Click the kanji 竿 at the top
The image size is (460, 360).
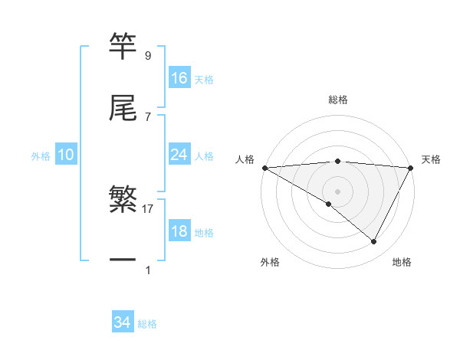tap(123, 46)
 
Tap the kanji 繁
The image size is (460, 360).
tap(123, 200)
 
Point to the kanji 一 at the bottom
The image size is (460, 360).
tap(123, 260)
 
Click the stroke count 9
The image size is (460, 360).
tap(147, 56)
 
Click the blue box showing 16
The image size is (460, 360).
tap(179, 78)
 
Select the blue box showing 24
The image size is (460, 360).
tap(179, 155)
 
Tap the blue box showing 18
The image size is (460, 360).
tap(179, 231)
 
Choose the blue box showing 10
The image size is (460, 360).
tap(65, 155)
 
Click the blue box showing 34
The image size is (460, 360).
tap(122, 323)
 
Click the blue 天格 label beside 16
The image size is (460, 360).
tap(204, 80)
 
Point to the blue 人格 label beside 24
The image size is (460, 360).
tap(204, 156)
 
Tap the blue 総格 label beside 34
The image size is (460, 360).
tap(147, 325)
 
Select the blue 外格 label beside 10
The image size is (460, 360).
tap(41, 156)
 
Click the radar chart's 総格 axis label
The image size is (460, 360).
tap(338, 100)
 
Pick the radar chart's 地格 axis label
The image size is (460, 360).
tap(402, 262)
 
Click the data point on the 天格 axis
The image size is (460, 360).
tap(411, 168)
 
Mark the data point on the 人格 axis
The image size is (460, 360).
tap(264, 168)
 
